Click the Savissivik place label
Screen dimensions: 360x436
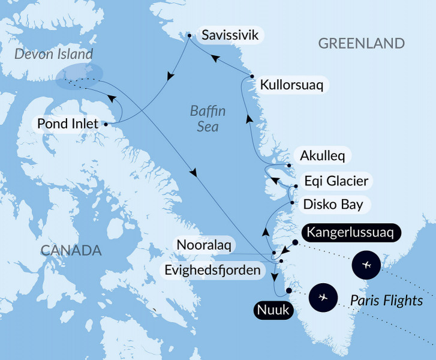(230, 35)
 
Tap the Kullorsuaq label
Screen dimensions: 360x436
(291, 85)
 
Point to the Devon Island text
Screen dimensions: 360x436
(54, 54)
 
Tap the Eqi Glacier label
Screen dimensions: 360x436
(336, 181)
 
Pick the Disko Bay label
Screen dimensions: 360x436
(333, 204)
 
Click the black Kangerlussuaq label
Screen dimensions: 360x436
(350, 232)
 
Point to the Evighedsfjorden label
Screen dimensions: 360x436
(214, 269)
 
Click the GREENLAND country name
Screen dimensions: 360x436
(362, 43)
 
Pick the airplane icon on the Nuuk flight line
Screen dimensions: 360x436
(324, 297)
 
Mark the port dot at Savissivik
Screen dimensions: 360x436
(190, 36)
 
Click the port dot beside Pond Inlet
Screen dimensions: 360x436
(106, 125)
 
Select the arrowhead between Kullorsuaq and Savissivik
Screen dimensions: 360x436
(214, 58)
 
